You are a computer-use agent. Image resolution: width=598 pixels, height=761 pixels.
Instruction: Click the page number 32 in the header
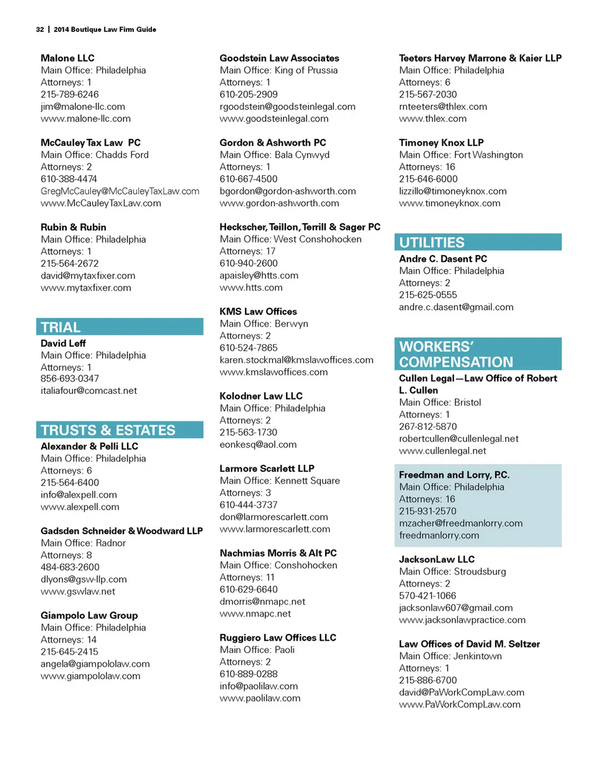[x=39, y=29]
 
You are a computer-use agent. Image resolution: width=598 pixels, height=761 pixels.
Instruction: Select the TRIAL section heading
[x=60, y=327]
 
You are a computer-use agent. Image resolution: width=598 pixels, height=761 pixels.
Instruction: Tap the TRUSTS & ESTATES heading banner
[x=108, y=430]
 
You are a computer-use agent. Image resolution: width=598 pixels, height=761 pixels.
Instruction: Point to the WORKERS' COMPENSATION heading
[x=457, y=354]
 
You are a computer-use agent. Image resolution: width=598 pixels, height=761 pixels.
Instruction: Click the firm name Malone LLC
[x=67, y=58]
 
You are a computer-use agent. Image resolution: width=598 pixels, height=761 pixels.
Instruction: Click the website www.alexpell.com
[x=80, y=507]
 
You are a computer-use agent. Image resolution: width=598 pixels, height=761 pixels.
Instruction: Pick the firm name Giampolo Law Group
[x=89, y=615]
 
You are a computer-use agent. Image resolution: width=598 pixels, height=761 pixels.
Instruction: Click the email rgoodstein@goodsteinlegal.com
[x=288, y=107]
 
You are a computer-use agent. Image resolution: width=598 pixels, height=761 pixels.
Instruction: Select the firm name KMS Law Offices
[x=258, y=312]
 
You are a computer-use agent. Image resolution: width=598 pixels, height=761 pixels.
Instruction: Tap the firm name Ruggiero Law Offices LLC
[x=278, y=638]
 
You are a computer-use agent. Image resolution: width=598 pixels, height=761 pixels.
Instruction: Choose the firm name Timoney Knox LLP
[x=441, y=143]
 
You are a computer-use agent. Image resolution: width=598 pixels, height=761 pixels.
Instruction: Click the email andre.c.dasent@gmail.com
[x=456, y=307]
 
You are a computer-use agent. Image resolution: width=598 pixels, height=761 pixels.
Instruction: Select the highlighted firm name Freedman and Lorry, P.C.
[x=454, y=475]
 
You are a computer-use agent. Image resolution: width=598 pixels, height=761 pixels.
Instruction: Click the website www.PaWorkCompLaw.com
[x=460, y=704]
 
